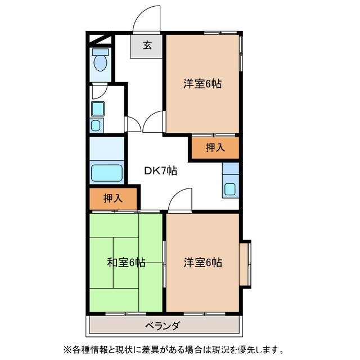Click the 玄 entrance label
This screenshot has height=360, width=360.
coord(147,46)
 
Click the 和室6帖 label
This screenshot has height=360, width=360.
coord(127,262)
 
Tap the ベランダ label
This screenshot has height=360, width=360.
coord(162,326)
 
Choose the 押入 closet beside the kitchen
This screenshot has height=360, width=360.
coord(214,148)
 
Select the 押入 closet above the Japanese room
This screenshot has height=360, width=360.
coord(113,199)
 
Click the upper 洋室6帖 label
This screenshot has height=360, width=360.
coord(202,84)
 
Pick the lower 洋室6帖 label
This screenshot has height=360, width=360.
coord(202,262)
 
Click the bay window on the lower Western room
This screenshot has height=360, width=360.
coord(245,263)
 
